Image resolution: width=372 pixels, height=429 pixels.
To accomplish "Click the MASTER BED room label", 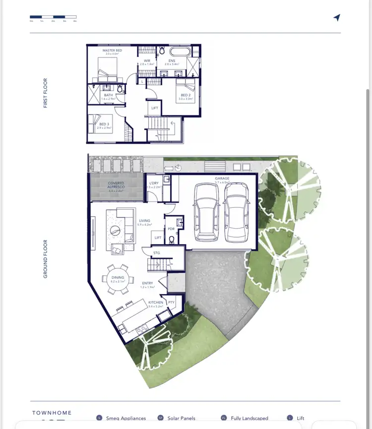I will point(112,51).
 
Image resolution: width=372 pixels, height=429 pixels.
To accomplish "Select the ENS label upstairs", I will point(171,61).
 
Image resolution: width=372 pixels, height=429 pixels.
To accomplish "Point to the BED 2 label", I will point(186,95).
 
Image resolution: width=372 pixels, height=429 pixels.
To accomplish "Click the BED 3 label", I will point(104,124).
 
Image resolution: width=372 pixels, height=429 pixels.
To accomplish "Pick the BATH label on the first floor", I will point(108,95).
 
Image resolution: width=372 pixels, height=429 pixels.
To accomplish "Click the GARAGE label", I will point(222,179).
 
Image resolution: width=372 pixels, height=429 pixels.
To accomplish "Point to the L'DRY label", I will point(154,183).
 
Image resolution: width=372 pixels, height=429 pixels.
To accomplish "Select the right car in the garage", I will point(236,212).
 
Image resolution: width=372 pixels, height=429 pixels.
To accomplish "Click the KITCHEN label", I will point(155,303).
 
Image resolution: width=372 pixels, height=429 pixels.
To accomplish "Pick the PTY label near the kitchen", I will point(171,302).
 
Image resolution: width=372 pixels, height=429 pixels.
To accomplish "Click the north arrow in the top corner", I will point(337,18).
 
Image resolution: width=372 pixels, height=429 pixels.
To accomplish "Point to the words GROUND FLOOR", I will point(46,259).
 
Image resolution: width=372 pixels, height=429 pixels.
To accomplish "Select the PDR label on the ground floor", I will point(171,229).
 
